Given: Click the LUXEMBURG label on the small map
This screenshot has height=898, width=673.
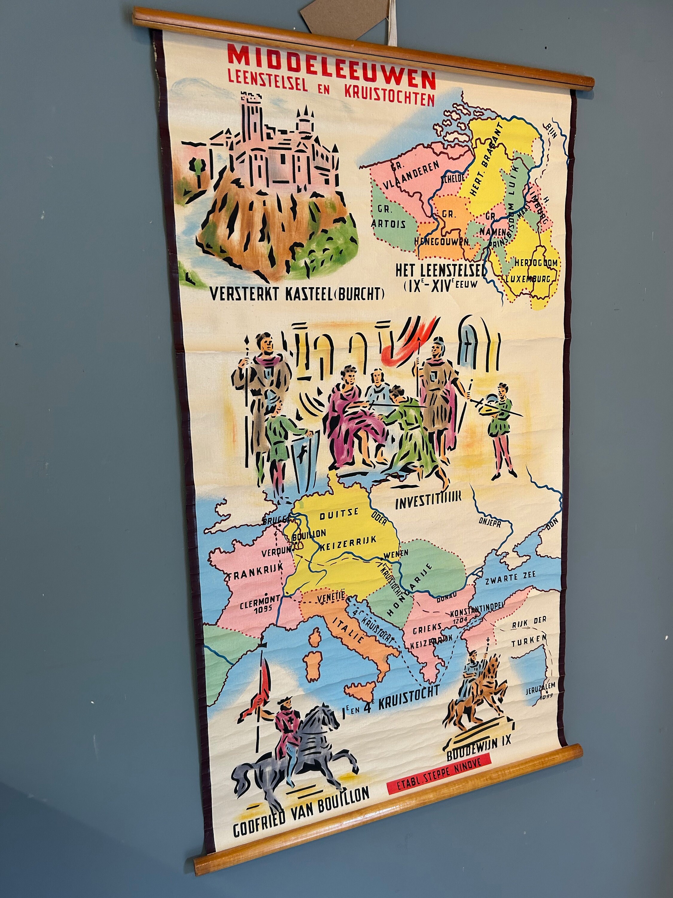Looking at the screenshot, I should pyautogui.click(x=528, y=279).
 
